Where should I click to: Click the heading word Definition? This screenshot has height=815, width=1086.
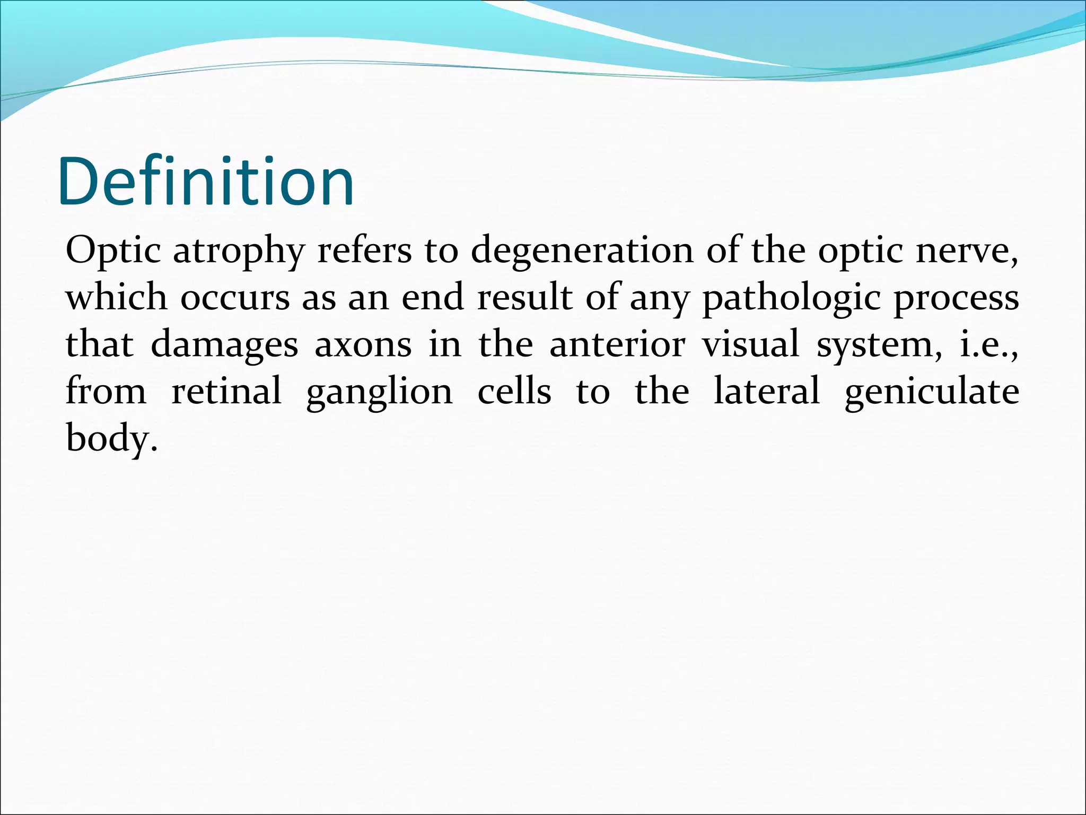[206, 181]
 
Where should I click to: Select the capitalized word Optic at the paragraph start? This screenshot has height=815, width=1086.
[113, 250]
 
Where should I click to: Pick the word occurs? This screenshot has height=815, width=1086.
[235, 298]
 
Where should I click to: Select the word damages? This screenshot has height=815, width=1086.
[224, 345]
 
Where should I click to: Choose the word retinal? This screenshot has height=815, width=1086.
[226, 391]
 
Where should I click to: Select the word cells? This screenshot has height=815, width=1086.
[514, 391]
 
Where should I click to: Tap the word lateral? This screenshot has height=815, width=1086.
[767, 391]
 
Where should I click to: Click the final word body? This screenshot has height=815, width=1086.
[110, 438]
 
